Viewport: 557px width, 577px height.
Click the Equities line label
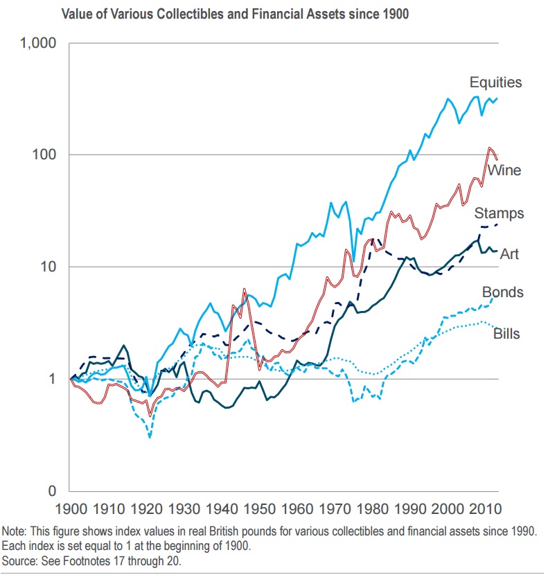[495, 83]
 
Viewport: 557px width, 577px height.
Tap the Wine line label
[504, 170]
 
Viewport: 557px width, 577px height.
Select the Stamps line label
[499, 213]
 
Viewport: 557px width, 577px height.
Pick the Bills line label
[506, 335]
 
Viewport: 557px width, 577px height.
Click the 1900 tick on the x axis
[71, 510]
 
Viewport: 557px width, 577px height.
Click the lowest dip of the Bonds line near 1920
[150, 437]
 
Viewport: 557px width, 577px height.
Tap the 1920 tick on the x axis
[146, 510]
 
